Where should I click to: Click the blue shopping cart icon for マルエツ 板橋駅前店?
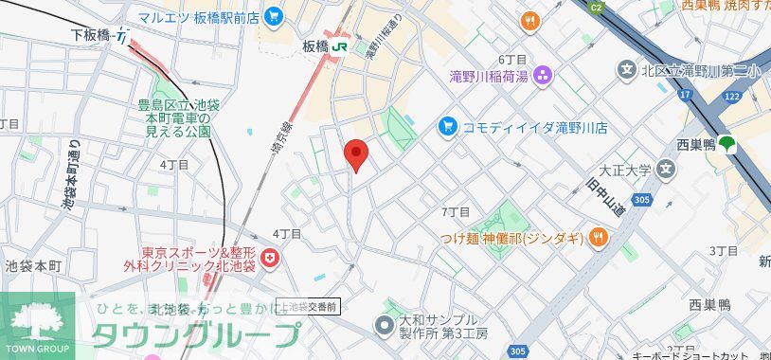[x=274, y=15]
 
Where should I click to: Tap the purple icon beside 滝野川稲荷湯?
[x=544, y=75]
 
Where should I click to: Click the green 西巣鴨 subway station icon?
[x=727, y=145]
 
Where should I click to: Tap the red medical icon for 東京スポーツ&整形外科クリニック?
[x=271, y=258]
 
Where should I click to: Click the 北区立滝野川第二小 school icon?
[x=626, y=69]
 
